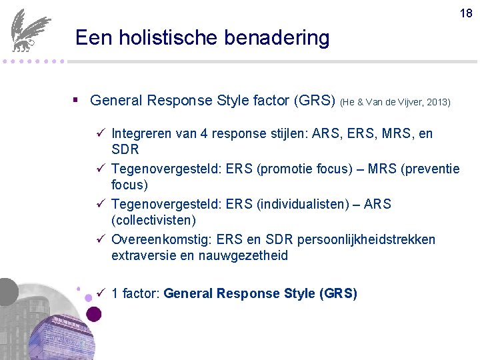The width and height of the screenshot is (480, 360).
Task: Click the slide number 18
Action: click(x=466, y=13)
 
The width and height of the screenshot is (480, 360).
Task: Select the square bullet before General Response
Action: click(x=77, y=101)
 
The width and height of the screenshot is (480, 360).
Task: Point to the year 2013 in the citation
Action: click(x=437, y=102)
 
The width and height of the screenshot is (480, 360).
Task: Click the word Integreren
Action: click(x=145, y=134)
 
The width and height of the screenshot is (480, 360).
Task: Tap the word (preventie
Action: click(x=429, y=169)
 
